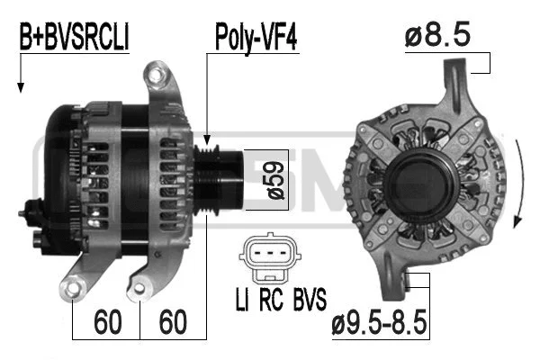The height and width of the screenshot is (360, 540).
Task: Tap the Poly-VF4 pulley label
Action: coord(256,37)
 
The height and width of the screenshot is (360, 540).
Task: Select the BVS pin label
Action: coord(306,298)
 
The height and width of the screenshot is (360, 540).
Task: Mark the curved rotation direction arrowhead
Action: coord(517,220)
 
